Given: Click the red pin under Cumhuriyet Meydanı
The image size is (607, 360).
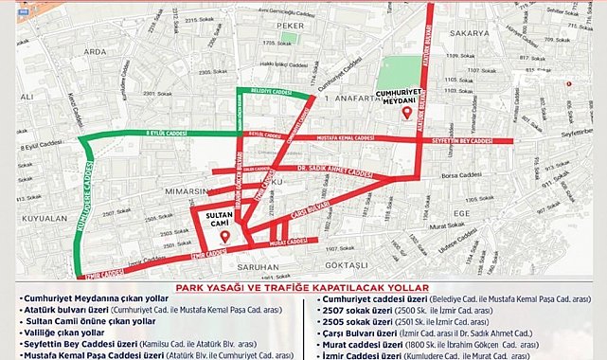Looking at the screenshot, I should pos(406,113).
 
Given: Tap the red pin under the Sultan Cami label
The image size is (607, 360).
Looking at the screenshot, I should pos(224,237).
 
